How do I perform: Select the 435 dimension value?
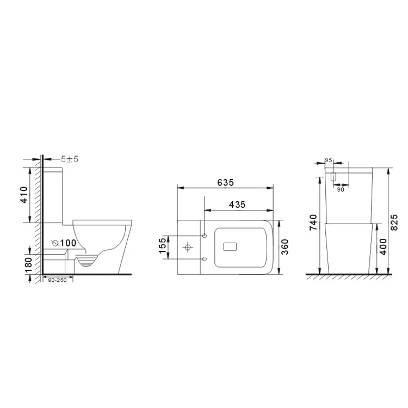[x=237, y=205]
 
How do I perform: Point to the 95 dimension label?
[x=328, y=160]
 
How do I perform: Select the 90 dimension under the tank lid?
[x=340, y=189]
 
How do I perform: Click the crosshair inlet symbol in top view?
[x=188, y=248]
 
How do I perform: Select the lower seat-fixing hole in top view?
[x=204, y=258]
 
